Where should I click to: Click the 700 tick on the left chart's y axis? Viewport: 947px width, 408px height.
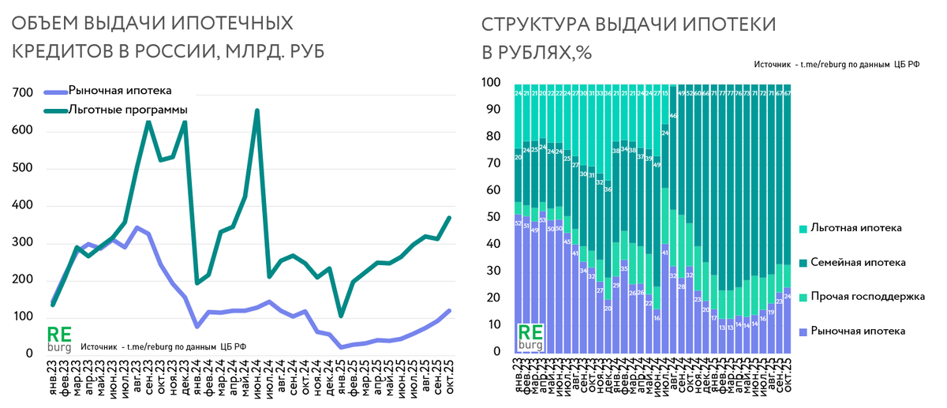click(22, 94)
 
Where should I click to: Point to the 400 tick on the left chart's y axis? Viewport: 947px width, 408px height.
click(22, 206)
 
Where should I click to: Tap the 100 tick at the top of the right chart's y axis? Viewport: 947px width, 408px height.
click(492, 82)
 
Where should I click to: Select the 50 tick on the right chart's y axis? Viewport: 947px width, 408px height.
click(495, 217)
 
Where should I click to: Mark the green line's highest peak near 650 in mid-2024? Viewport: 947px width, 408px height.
click(256, 111)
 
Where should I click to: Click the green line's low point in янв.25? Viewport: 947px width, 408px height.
click(341, 316)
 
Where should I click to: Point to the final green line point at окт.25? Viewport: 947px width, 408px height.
click(450, 217)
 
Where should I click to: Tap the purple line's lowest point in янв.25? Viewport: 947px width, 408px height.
click(341, 346)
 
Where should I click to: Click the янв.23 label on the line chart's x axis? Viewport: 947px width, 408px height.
click(52, 376)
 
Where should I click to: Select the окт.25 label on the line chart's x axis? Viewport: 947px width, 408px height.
click(448, 376)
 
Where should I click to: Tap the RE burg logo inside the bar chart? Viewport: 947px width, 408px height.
click(530, 337)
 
